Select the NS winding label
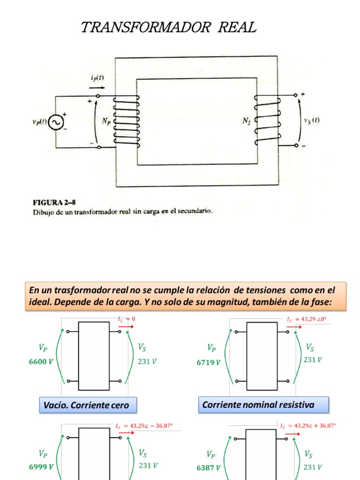247,121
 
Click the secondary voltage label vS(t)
312,120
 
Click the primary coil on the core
127,121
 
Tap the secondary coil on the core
267,120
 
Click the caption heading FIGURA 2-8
53,202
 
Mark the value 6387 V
208,467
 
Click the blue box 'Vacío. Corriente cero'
86,405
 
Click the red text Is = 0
126,319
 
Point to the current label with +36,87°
308,426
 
